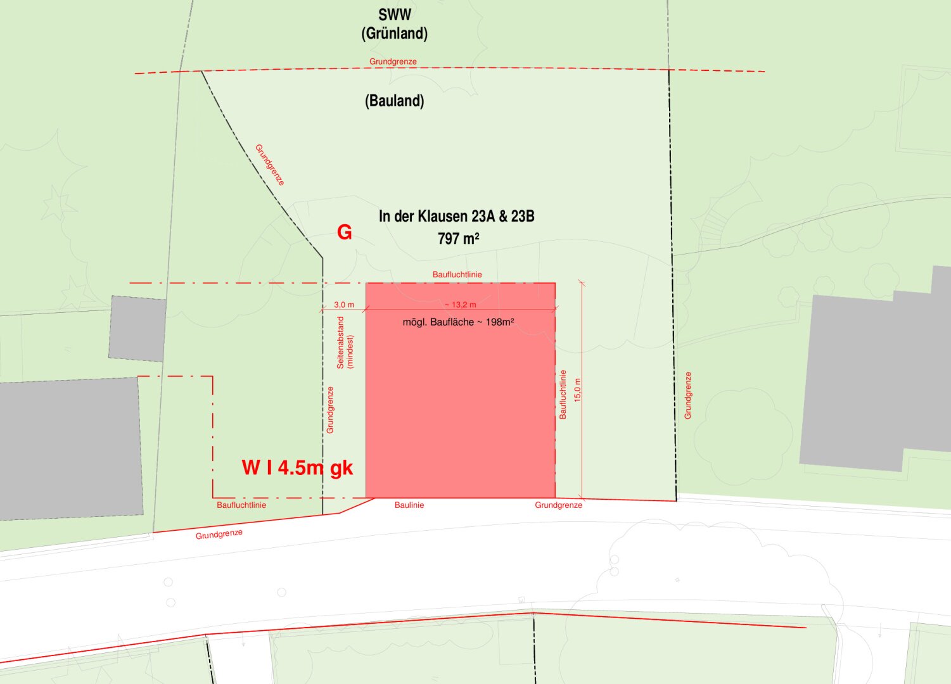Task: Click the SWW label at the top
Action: pyautogui.click(x=394, y=15)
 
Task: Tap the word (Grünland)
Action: pyautogui.click(x=394, y=34)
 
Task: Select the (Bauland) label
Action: pyautogui.click(x=394, y=101)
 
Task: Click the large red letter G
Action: pyautogui.click(x=344, y=232)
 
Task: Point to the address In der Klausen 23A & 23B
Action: pyautogui.click(x=456, y=217)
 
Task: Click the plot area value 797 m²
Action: pyautogui.click(x=458, y=239)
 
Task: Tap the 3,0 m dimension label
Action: pyautogui.click(x=344, y=305)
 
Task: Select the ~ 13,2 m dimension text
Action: pyautogui.click(x=460, y=305)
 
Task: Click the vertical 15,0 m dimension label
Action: pyautogui.click(x=577, y=390)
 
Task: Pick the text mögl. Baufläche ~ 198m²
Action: pyautogui.click(x=458, y=322)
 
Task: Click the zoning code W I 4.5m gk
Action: pyautogui.click(x=297, y=467)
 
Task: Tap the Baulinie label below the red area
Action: pyautogui.click(x=409, y=505)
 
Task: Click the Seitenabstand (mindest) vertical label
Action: pyautogui.click(x=345, y=343)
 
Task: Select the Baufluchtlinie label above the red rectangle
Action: pyautogui.click(x=457, y=275)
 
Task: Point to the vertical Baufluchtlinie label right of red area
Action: pyautogui.click(x=563, y=395)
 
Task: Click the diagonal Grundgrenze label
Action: pyautogui.click(x=270, y=165)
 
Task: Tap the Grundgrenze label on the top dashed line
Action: pyautogui.click(x=393, y=61)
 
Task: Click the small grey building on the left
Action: pyautogui.click(x=136, y=328)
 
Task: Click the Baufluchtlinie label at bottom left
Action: pyautogui.click(x=241, y=505)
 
